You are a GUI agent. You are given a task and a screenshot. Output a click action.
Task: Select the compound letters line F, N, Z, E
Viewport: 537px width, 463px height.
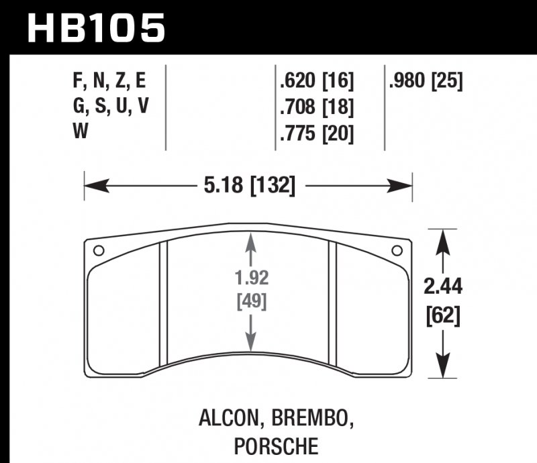tap(108, 82)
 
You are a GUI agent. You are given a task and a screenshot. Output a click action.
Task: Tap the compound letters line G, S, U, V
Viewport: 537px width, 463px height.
tap(108, 107)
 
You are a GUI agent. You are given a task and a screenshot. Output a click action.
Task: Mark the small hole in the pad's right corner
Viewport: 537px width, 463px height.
tap(396, 250)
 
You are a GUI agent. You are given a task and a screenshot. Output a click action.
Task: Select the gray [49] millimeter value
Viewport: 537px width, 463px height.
tap(251, 301)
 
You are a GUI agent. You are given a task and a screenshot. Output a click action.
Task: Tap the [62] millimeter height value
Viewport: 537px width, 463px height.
tap(443, 314)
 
